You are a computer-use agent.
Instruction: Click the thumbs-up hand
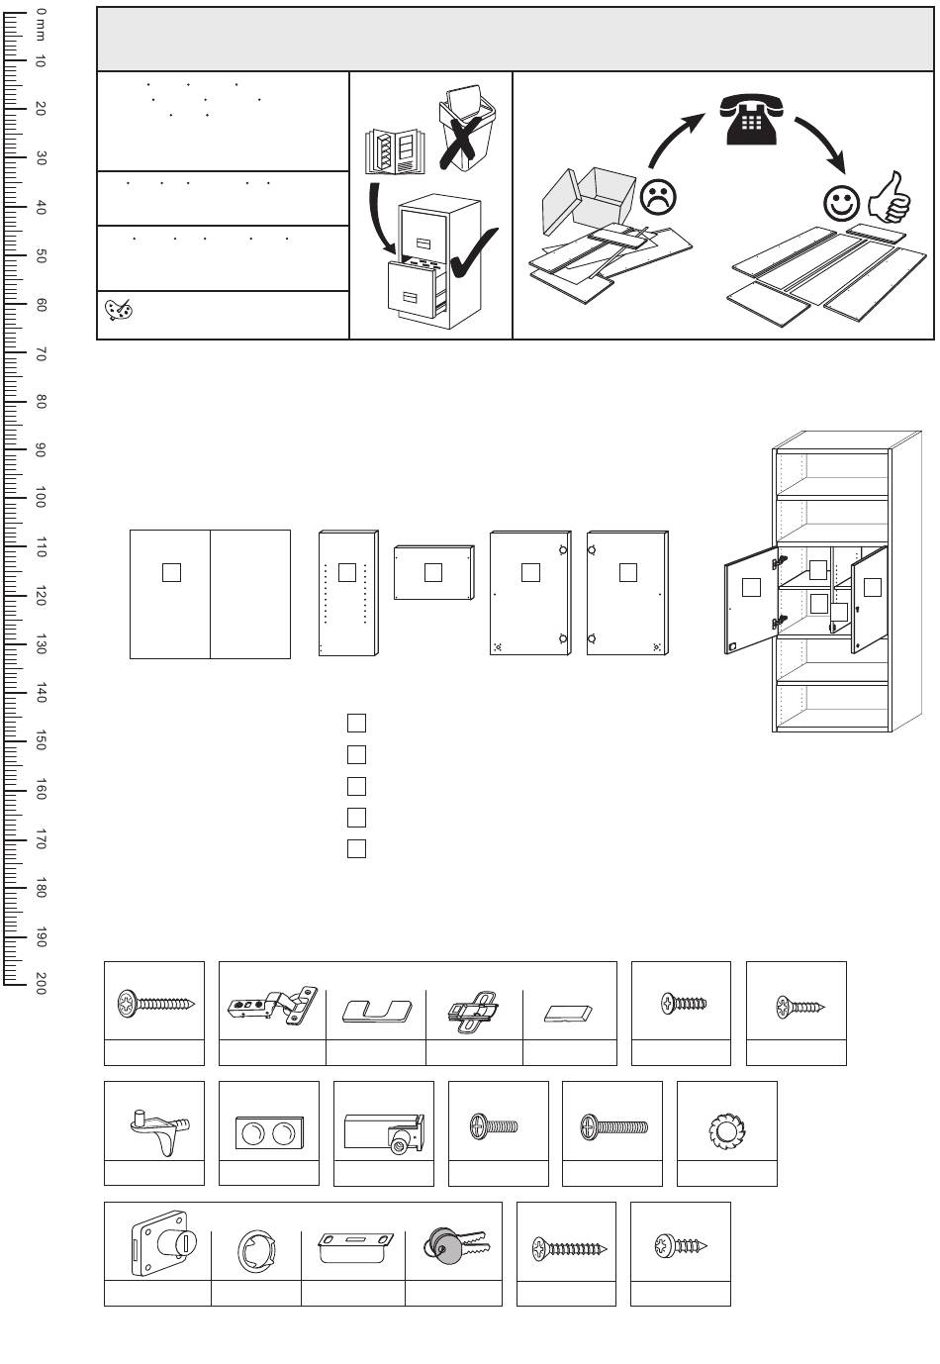889,198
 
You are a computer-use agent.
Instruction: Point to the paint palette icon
119,311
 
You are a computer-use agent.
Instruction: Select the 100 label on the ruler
40,497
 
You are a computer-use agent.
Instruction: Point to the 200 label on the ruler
40,983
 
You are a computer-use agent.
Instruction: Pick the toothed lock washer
726,1130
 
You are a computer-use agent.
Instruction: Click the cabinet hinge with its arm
272,1007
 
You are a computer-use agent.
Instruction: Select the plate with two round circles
268,1130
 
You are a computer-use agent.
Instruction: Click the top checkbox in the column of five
357,723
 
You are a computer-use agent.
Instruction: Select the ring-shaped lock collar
255,1251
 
